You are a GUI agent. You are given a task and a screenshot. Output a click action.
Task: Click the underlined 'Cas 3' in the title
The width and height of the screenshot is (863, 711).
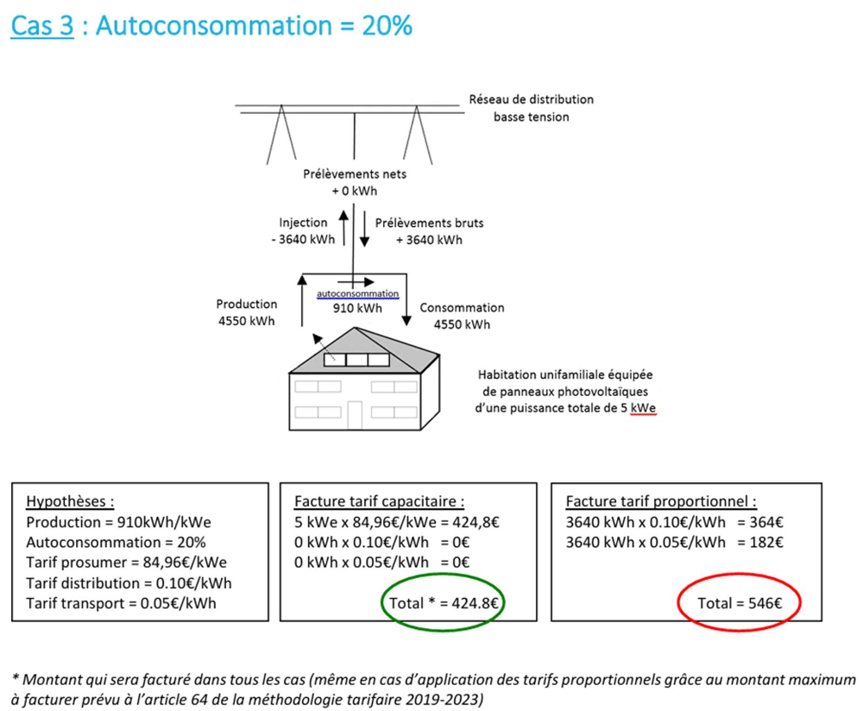click(x=41, y=27)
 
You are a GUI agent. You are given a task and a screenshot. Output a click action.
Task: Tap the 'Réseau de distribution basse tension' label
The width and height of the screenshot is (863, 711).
click(x=531, y=108)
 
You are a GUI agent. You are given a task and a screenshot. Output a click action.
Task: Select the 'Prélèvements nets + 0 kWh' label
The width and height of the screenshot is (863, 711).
click(x=355, y=182)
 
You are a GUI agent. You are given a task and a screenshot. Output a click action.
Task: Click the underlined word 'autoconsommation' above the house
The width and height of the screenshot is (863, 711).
click(x=357, y=293)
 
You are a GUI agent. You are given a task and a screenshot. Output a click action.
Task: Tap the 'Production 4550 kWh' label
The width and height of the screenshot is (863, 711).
click(x=247, y=312)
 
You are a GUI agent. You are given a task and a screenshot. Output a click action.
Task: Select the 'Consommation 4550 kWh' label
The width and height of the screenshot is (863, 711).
click(x=461, y=316)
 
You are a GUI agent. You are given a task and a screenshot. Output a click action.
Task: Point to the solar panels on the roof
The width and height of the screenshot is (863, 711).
click(x=356, y=359)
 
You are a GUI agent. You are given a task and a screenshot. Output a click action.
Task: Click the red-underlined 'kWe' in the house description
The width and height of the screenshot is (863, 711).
click(x=643, y=407)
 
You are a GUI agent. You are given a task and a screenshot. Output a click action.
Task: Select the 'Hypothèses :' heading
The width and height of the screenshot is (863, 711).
click(x=70, y=501)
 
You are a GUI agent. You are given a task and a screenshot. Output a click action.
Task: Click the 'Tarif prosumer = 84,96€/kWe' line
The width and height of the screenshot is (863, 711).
click(x=127, y=563)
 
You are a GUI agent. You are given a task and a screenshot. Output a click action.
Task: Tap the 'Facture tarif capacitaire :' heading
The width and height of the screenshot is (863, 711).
click(x=380, y=501)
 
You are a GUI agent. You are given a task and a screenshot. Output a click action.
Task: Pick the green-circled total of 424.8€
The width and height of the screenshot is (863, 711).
click(x=444, y=604)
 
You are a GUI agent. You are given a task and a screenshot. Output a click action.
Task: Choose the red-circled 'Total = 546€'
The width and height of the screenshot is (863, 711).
click(x=740, y=604)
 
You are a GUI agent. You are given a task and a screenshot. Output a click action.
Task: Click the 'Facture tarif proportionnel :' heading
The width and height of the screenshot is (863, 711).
click(x=661, y=501)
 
